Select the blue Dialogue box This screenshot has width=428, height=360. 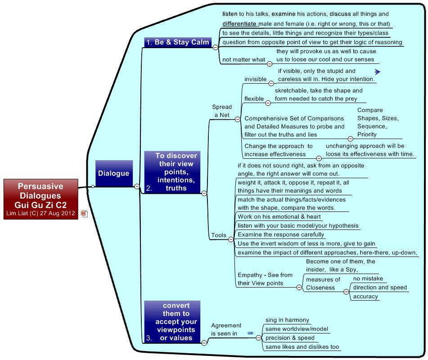coord(114,173)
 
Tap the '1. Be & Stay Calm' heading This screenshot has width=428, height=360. coord(178,42)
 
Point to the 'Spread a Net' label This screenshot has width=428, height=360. coord(222,111)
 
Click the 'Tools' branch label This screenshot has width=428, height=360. coord(219,235)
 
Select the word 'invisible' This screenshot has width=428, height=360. coord(255,79)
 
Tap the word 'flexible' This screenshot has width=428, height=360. coord(254,98)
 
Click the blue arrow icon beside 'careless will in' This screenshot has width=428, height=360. coord(377,72)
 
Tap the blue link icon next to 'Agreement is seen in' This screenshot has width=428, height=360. coord(251,333)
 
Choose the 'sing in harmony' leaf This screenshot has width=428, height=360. coord(287,320)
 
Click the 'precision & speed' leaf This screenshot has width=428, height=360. coord(290,338)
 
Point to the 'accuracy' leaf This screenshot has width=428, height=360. coord(365,296)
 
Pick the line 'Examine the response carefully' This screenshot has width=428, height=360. coord(281,234)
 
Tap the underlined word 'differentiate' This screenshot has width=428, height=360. coord(240,23)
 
